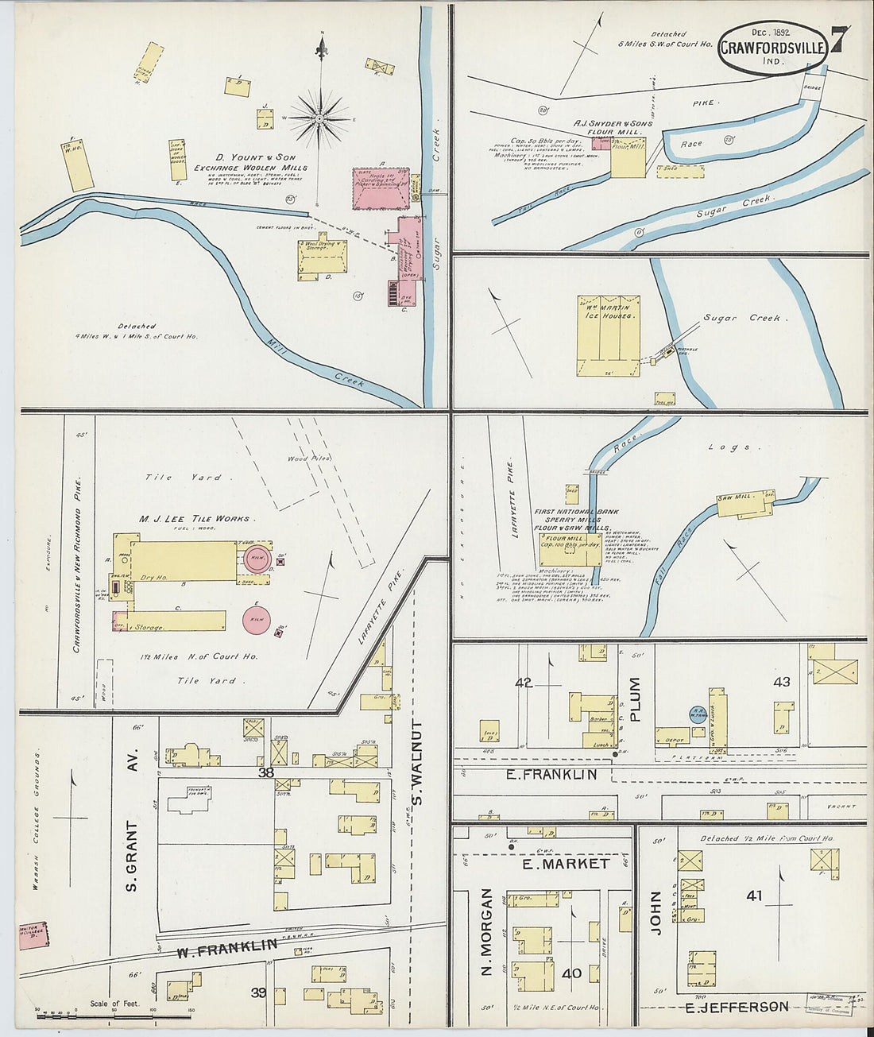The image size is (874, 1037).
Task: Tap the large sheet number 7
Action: pyautogui.click(x=839, y=41)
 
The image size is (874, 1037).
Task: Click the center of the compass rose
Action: pyautogui.click(x=320, y=119)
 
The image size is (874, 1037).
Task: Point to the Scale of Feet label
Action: pyautogui.click(x=115, y=1004)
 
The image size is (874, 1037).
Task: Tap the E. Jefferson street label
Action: pyautogui.click(x=737, y=1007)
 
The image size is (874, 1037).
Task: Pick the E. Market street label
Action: pyautogui.click(x=565, y=863)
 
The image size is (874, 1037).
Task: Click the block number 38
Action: pyautogui.click(x=265, y=772)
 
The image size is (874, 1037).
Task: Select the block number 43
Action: pyautogui.click(x=781, y=682)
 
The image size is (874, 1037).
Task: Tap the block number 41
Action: pyautogui.click(x=753, y=896)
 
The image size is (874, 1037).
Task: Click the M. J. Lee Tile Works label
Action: pyautogui.click(x=194, y=518)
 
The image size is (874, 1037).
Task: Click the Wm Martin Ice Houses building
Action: pyautogui.click(x=608, y=334)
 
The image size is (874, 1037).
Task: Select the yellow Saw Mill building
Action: pyautogui.click(x=745, y=503)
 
